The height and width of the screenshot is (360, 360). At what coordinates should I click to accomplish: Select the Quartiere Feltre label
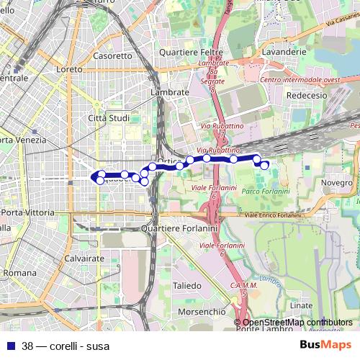click(x=189, y=53)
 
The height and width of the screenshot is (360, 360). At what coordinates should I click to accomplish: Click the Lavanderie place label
click(x=285, y=53)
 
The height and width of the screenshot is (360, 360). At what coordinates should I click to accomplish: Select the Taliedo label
click(x=187, y=286)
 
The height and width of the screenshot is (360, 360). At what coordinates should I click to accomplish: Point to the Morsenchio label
click(x=199, y=312)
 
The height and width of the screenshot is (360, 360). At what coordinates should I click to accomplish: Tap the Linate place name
click(x=301, y=306)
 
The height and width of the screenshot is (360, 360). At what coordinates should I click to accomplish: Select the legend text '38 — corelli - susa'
click(x=66, y=346)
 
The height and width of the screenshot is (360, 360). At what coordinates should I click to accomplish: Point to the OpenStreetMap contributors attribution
click(x=297, y=323)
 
